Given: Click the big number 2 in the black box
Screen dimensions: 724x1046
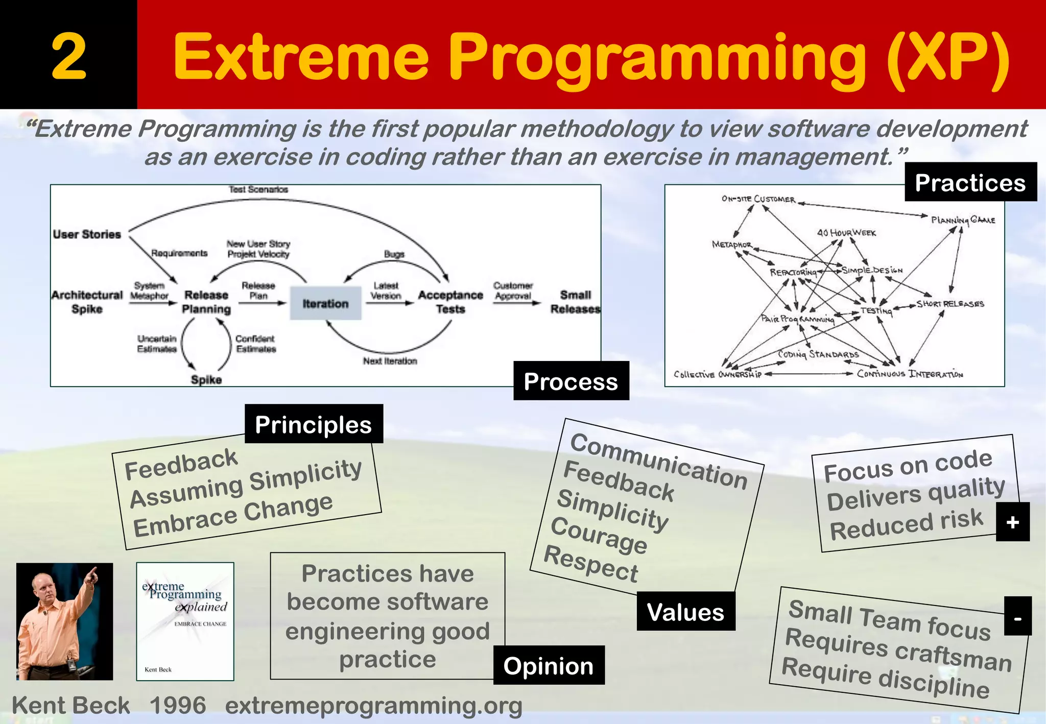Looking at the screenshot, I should coord(68,56).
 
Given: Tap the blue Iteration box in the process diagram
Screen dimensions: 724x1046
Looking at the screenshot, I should coord(325,303).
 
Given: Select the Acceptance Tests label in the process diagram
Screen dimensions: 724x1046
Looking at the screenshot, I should coord(450,302).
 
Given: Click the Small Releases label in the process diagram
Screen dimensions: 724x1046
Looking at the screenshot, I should coord(575,302).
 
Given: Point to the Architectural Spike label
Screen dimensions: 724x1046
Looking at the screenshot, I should coord(87,302).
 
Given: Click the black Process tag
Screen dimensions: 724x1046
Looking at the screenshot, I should coord(570,381).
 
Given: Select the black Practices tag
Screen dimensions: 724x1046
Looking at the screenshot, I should coord(970,182).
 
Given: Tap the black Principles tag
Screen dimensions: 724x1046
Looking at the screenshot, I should coord(313,424).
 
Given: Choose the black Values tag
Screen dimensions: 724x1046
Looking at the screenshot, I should coord(685,611).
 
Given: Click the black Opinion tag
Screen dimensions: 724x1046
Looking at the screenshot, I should coord(549,665).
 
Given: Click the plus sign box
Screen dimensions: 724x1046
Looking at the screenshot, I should coord(1012,522).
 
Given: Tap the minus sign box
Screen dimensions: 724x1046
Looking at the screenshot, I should coord(1017,616).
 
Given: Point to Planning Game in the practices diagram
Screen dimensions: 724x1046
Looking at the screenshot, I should coord(963,220).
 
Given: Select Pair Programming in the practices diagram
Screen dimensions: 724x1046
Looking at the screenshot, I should coord(797,319).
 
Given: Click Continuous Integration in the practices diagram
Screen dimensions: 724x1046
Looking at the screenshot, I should coord(910,374).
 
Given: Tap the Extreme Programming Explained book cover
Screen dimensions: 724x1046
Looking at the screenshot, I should coord(185,621).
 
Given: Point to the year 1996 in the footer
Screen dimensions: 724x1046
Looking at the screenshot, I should coord(178,706).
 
